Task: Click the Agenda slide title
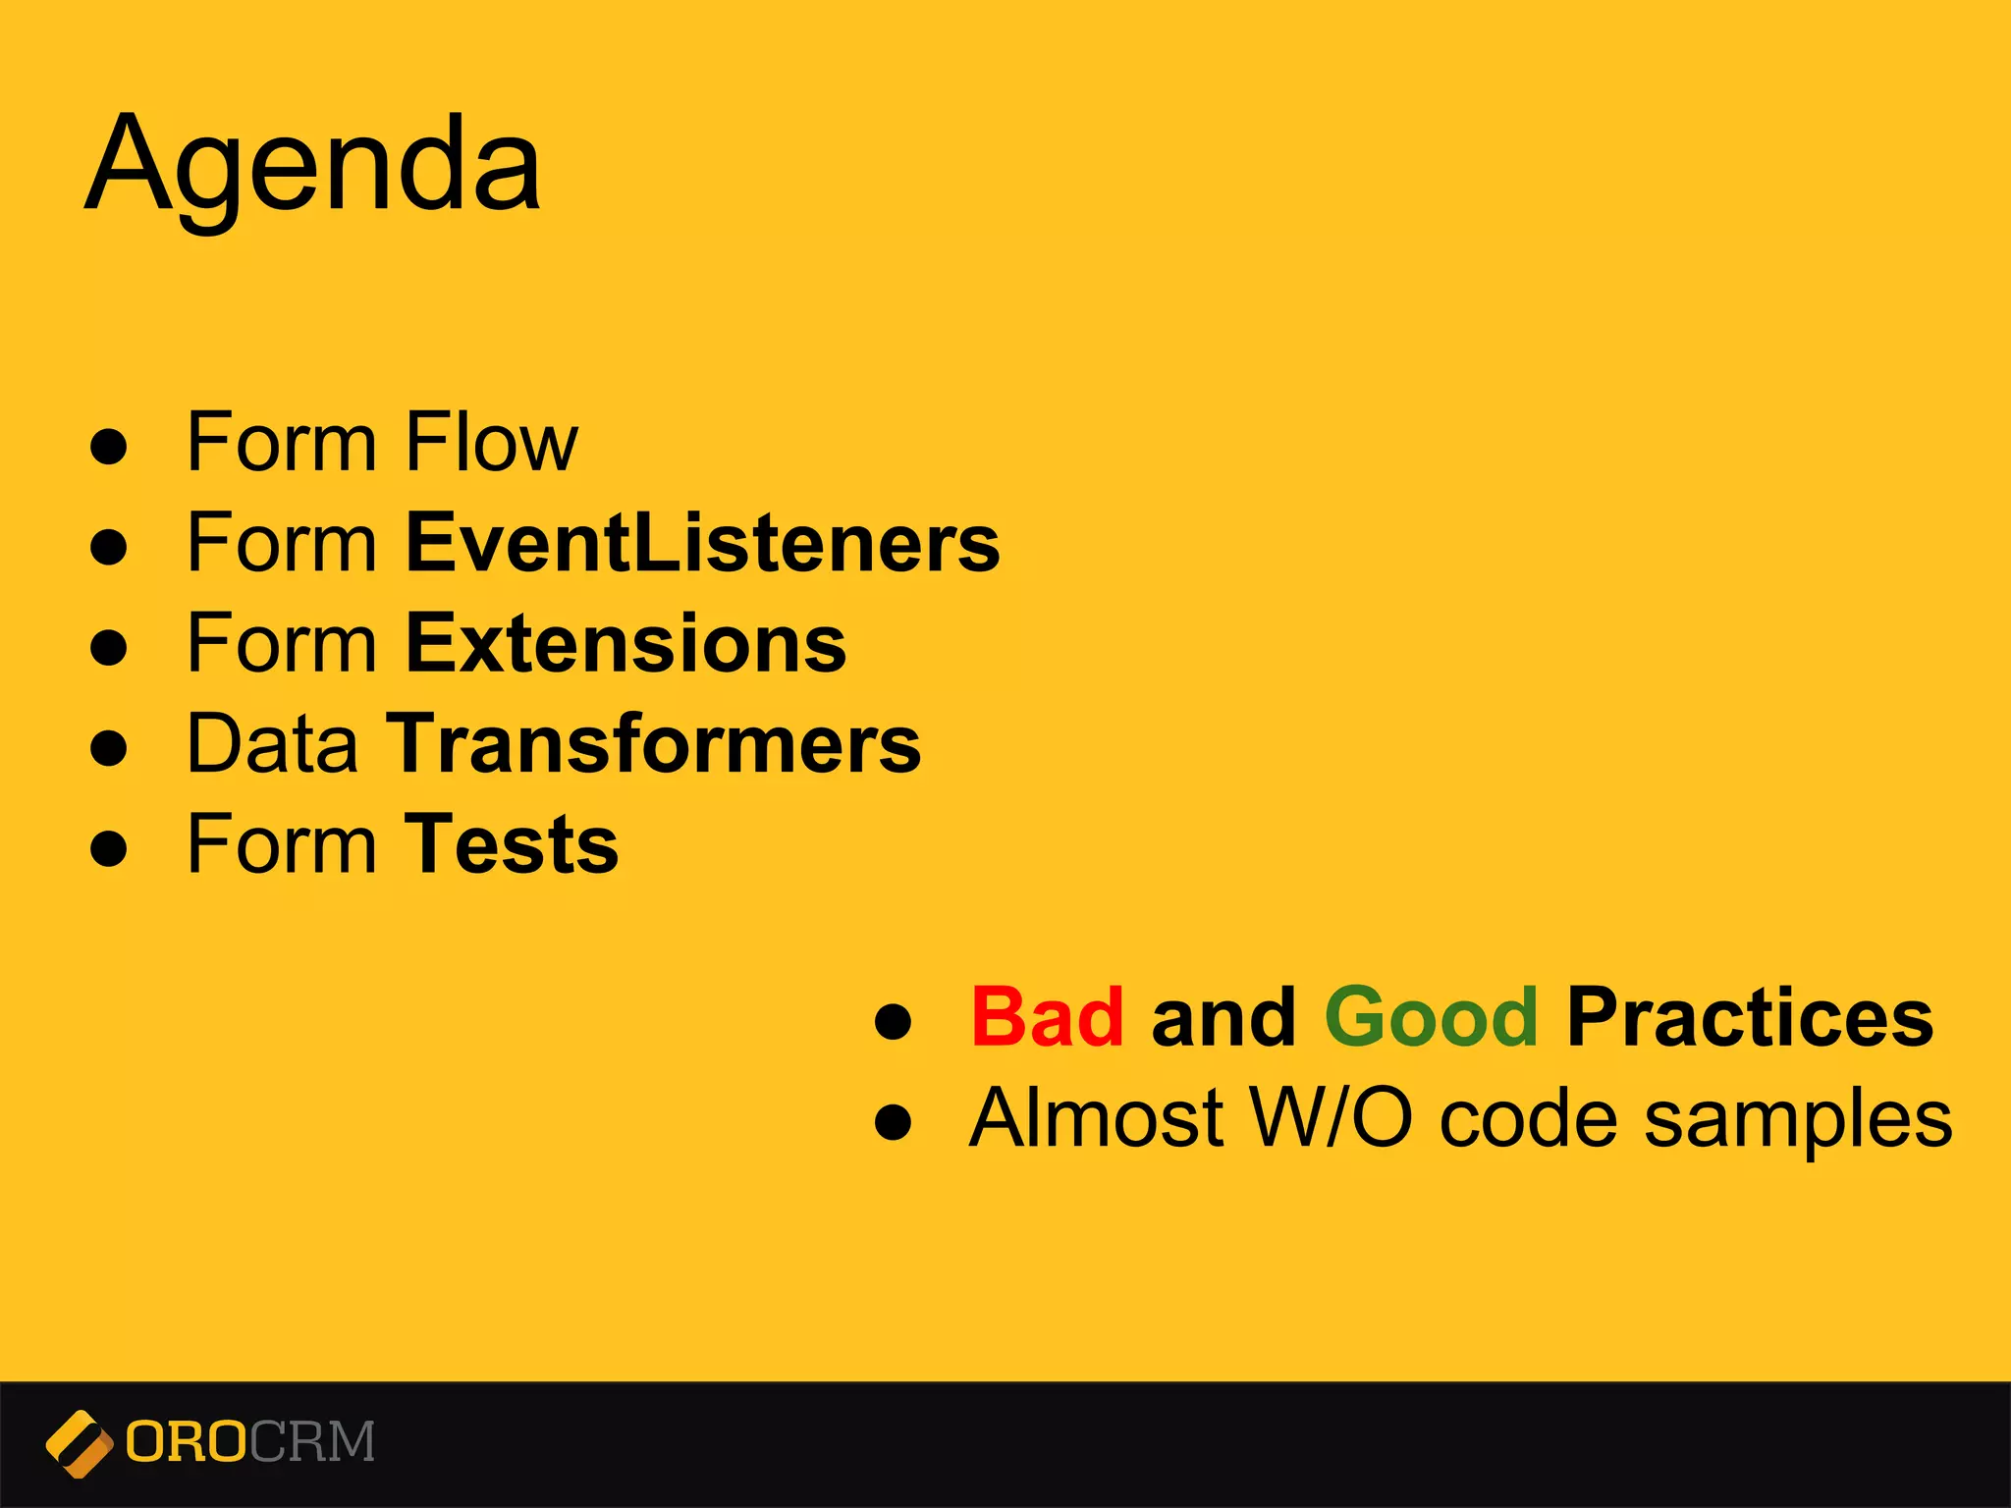pos(313,164)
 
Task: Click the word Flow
pos(491,443)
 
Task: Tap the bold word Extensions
pos(625,643)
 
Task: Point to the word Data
pos(272,743)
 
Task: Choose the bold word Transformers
pos(653,743)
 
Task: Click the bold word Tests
pos(511,844)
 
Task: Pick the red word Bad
pos(1047,1017)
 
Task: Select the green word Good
pos(1431,1017)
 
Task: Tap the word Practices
pos(1750,1017)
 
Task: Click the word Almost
pos(1096,1118)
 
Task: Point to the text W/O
pos(1330,1118)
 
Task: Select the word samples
pos(1798,1120)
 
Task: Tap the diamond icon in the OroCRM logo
pos(79,1443)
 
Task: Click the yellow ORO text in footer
pos(187,1442)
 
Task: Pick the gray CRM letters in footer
pos(312,1442)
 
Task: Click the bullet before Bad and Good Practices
pos(893,1020)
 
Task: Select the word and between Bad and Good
pos(1223,1017)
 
